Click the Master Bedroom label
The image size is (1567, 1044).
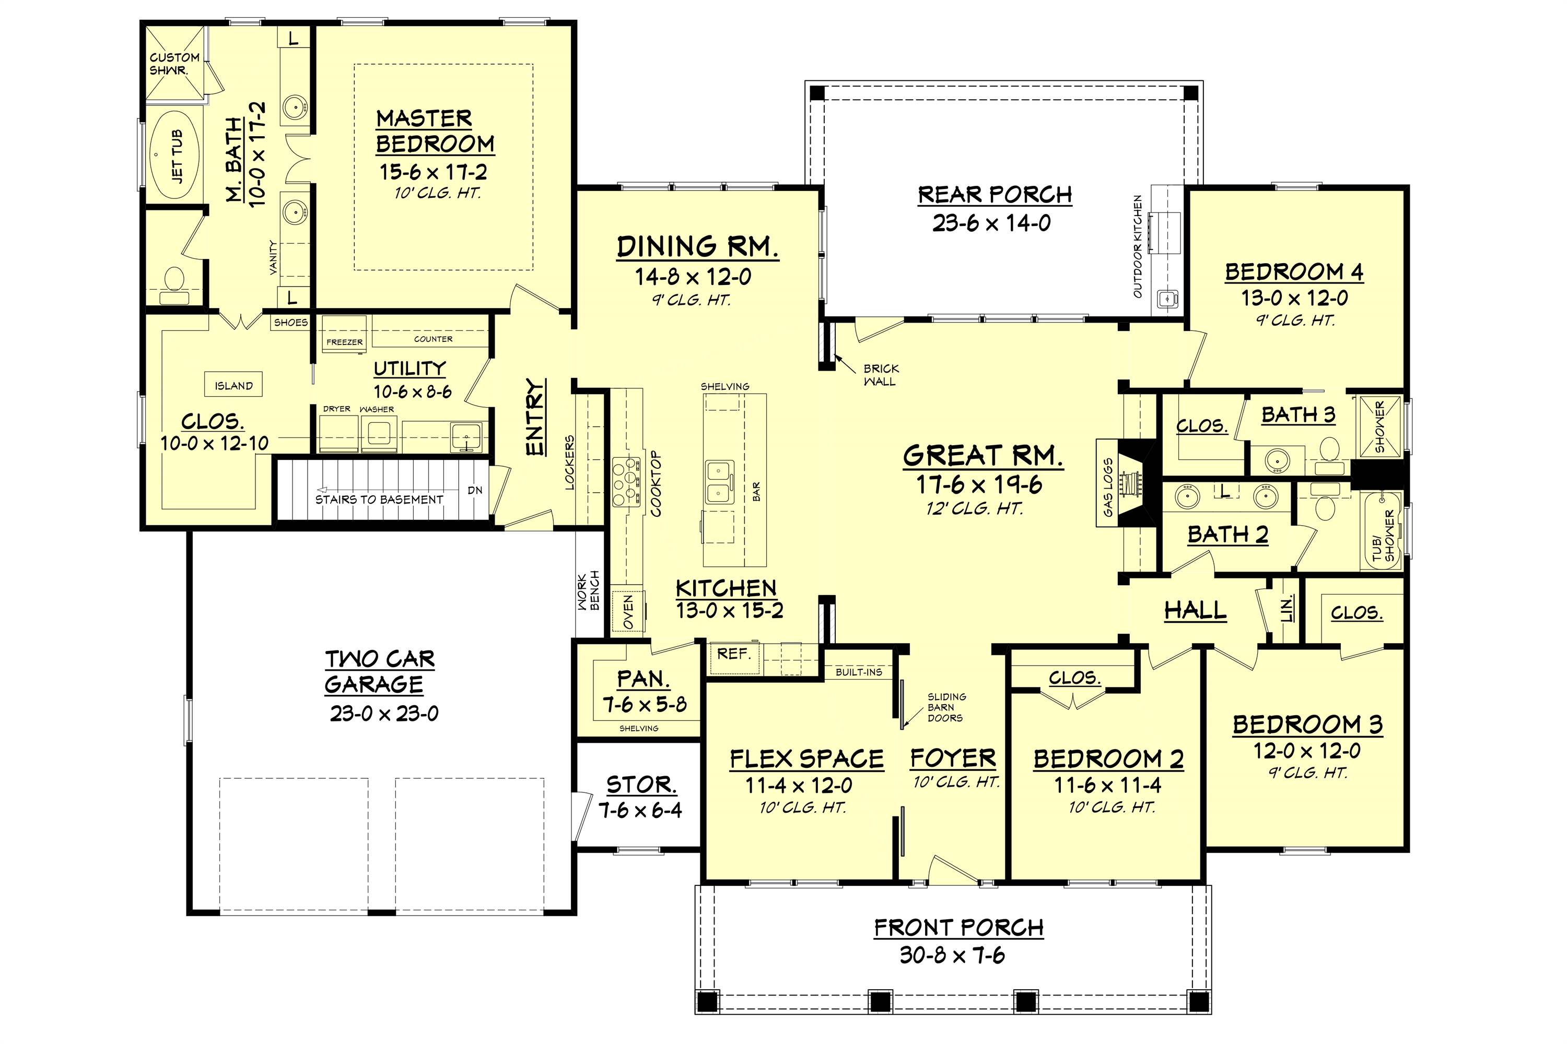pyautogui.click(x=435, y=131)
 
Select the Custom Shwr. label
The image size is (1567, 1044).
pyautogui.click(x=174, y=63)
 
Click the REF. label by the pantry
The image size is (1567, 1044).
pyautogui.click(x=733, y=654)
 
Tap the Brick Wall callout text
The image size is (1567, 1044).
pyautogui.click(x=880, y=375)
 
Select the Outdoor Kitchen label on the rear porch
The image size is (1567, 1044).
pyautogui.click(x=1138, y=246)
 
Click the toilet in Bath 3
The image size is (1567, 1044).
pyautogui.click(x=1330, y=450)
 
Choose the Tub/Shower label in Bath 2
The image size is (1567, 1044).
pyautogui.click(x=1384, y=536)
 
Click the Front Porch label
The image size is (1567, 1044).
pyautogui.click(x=958, y=928)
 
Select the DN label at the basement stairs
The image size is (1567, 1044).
pyautogui.click(x=474, y=490)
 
